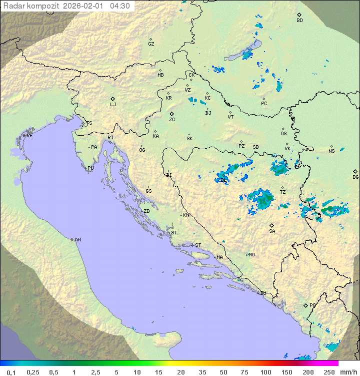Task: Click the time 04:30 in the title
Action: pos(120,6)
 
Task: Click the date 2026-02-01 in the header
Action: pos(84,6)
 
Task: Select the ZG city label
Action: pos(172,120)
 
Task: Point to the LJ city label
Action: pos(113,105)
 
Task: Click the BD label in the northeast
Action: pos(299,21)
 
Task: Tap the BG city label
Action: pos(355,177)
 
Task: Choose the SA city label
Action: pos(272,231)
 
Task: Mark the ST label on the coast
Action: pos(198,245)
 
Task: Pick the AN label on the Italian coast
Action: pos(77,240)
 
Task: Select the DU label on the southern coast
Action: pos(262,293)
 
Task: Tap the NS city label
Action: pos(331,151)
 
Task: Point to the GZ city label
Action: pos(151,44)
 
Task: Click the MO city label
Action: pos(251,254)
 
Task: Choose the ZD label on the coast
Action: pos(146,211)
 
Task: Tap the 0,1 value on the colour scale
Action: pos(11,372)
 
